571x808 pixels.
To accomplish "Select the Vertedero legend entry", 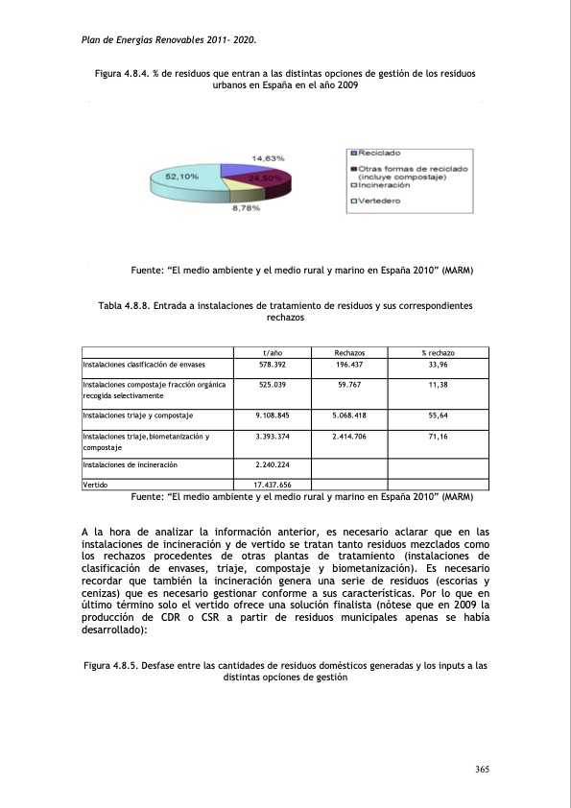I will [378, 201].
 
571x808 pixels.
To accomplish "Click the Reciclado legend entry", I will [378, 153].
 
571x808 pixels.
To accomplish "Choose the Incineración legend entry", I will [383, 185].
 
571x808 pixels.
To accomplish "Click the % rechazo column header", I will [438, 353].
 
